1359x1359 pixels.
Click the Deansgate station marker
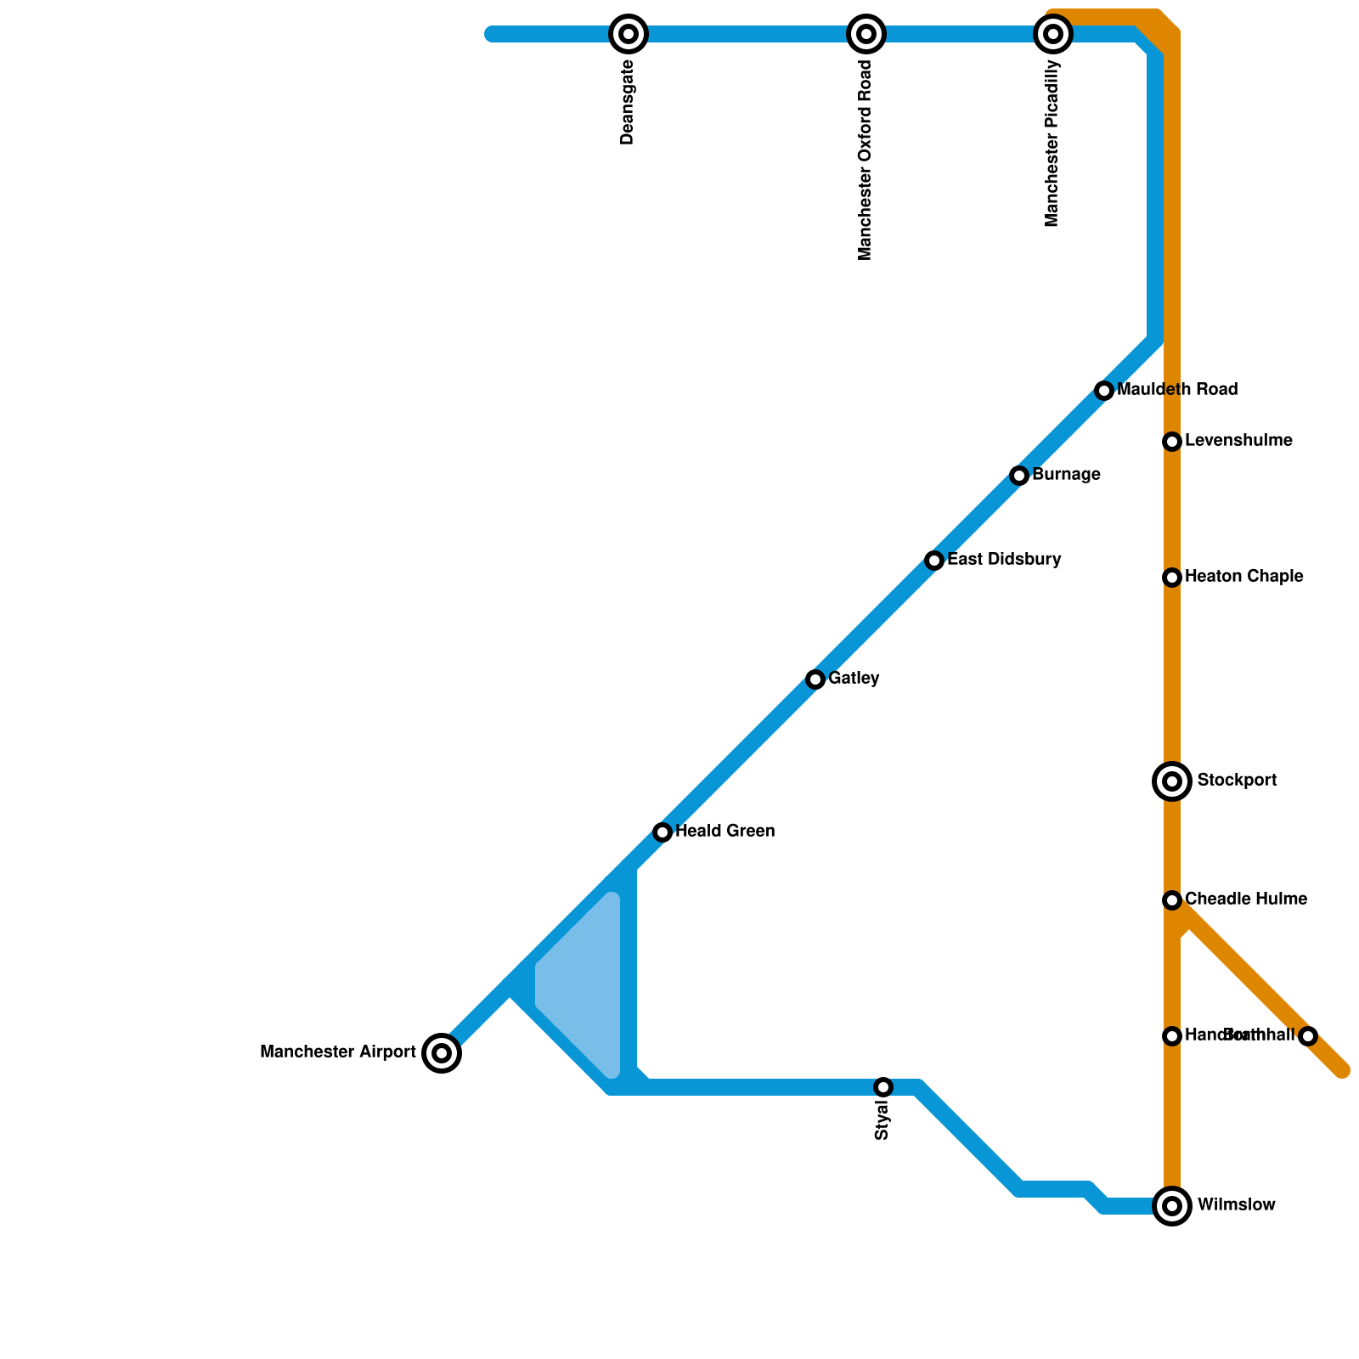click(629, 34)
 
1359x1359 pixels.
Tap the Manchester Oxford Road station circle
click(866, 34)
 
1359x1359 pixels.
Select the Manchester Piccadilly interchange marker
click(1053, 34)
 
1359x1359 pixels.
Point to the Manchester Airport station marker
click(442, 1053)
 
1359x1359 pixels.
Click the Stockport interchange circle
click(1172, 781)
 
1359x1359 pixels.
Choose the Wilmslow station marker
click(1172, 1205)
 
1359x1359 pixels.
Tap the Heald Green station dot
click(663, 832)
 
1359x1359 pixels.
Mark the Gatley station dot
click(815, 679)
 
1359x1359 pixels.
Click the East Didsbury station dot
click(934, 561)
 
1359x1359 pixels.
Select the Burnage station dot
click(1019, 476)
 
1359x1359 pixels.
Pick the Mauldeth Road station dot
click(1104, 391)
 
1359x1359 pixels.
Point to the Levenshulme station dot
click(1172, 442)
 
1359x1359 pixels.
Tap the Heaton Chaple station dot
click(1172, 578)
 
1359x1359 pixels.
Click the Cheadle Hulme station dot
click(1172, 899)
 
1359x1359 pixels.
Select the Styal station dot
click(883, 1087)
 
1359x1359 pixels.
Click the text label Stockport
click(1237, 781)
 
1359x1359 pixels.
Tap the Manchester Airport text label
click(338, 1053)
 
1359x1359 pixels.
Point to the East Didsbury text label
click(1004, 560)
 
